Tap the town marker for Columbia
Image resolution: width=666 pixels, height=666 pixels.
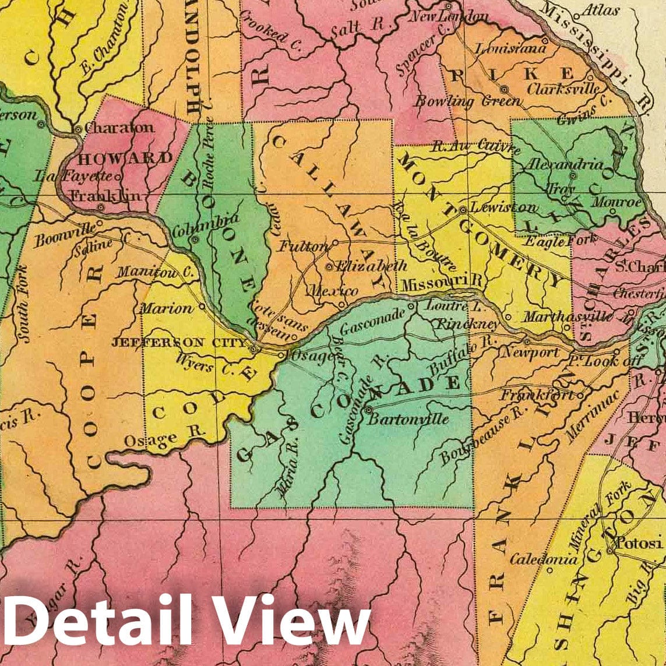click(196, 239)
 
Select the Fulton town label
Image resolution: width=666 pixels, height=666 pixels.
click(302, 246)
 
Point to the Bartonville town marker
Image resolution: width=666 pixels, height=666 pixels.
click(368, 410)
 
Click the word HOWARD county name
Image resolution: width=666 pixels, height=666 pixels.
click(125, 158)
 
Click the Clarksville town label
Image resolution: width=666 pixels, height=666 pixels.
click(563, 89)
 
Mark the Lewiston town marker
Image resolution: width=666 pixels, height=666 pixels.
click(462, 209)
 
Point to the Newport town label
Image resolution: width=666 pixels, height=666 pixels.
click(531, 353)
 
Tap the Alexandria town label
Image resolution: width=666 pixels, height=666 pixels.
click(564, 165)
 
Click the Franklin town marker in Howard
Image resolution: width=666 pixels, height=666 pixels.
click(101, 207)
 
